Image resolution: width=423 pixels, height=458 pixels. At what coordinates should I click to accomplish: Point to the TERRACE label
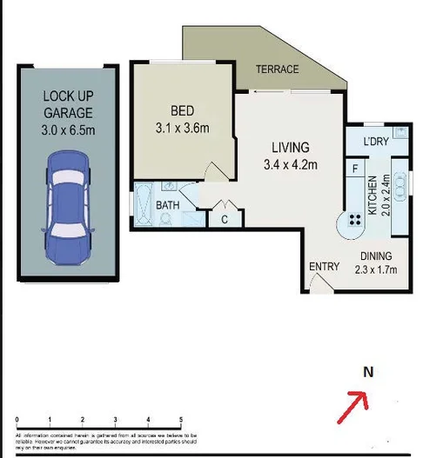click(277, 70)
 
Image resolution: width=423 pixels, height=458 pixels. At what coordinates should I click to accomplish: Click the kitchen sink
click(399, 186)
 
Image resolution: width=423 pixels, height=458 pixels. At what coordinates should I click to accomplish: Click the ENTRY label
click(323, 267)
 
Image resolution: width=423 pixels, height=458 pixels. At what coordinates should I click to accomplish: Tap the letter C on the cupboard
click(224, 219)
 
